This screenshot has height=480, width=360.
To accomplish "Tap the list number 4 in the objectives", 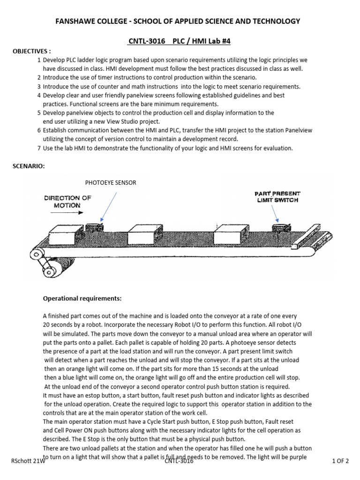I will click(39, 95).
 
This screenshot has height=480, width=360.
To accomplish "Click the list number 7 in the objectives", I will click(39, 148).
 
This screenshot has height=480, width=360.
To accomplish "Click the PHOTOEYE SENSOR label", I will click(111, 183).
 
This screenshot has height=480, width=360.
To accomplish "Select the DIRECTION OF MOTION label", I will click(68, 202).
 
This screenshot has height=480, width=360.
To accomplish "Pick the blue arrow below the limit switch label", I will click(276, 213).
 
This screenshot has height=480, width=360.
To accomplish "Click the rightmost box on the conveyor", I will click(231, 233).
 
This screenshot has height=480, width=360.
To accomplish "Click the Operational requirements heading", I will click(82, 298).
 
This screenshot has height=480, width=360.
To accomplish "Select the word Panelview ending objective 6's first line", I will click(298, 130).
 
